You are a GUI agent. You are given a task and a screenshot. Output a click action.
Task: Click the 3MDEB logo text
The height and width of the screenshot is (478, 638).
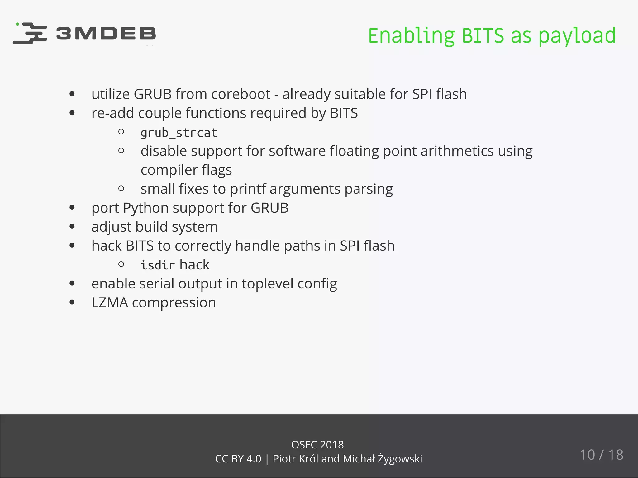pyautogui.click(x=106, y=33)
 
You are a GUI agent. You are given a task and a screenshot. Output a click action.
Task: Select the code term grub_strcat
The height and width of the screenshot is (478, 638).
pyautogui.click(x=179, y=133)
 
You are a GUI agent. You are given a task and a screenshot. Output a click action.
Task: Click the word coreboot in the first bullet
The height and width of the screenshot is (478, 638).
pyautogui.click(x=240, y=94)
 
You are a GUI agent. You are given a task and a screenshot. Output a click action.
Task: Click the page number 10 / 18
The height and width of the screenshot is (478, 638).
pyautogui.click(x=601, y=455)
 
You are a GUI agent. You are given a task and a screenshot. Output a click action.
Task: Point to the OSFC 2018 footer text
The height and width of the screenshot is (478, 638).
pyautogui.click(x=317, y=445)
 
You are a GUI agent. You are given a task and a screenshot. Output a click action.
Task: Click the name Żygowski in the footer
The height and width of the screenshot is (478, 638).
pyautogui.click(x=400, y=459)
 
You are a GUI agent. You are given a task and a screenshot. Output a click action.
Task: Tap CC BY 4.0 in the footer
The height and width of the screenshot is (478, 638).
pyautogui.click(x=238, y=459)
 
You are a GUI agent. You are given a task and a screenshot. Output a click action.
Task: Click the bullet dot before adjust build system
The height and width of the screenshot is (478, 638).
pyautogui.click(x=72, y=227)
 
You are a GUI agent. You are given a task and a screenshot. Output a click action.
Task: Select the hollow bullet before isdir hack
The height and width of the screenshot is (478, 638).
pyautogui.click(x=121, y=265)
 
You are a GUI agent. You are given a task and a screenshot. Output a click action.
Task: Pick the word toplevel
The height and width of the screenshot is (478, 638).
pyautogui.click(x=267, y=284)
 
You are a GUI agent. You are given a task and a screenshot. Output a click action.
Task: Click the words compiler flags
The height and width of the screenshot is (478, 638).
pyautogui.click(x=186, y=170)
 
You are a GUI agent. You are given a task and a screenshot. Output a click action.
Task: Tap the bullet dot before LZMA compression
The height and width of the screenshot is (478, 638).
pyautogui.click(x=72, y=302)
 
